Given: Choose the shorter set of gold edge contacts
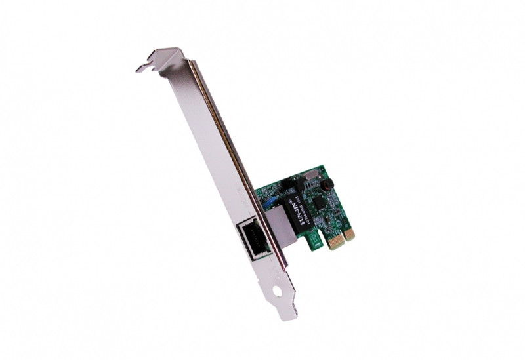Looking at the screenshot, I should tap(349, 233).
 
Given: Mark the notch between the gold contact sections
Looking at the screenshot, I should tap(342, 237).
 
